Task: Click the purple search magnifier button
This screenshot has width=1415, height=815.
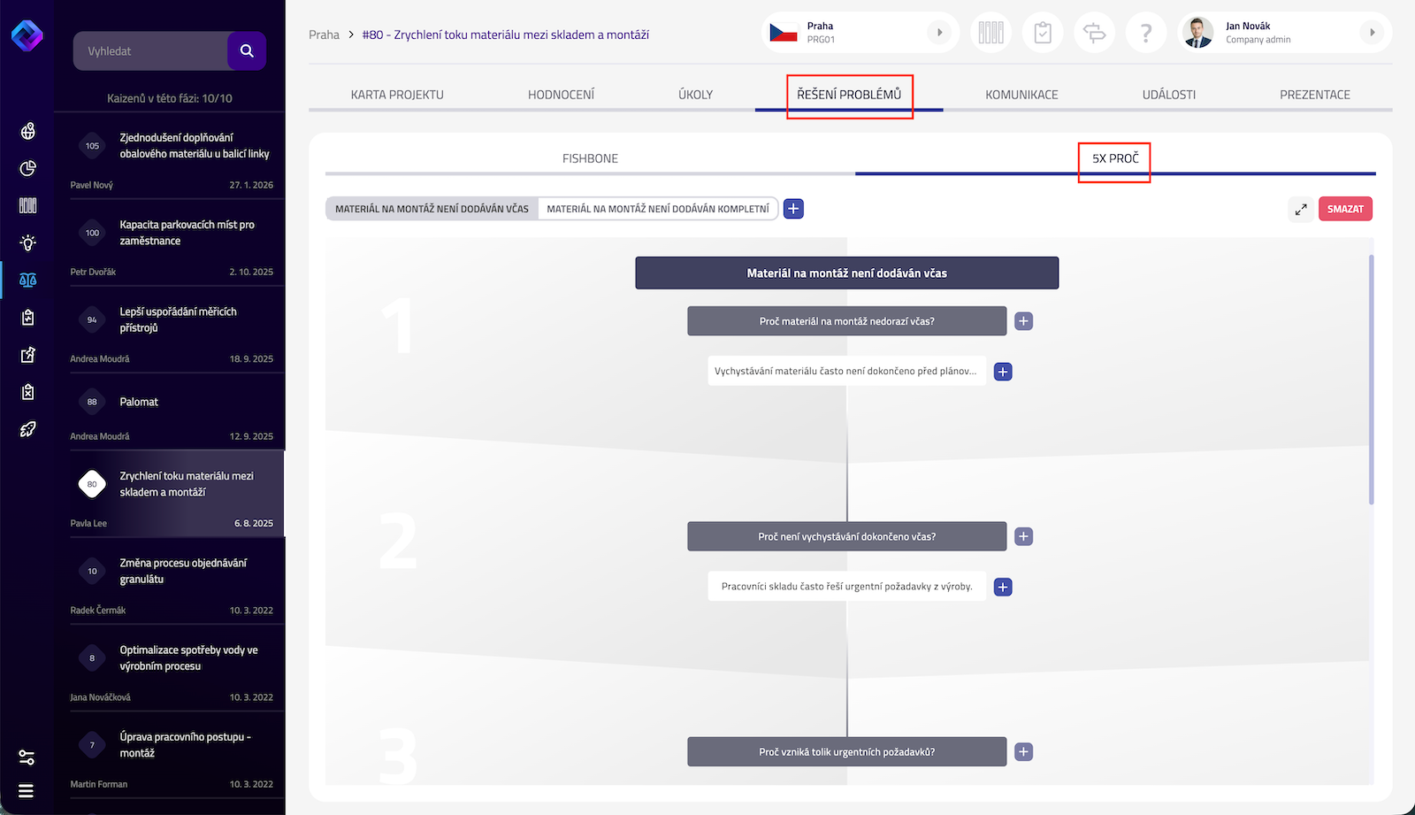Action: click(x=247, y=50)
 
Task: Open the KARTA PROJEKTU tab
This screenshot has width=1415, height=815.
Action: click(x=397, y=94)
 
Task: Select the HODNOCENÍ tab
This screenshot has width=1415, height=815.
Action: click(x=561, y=94)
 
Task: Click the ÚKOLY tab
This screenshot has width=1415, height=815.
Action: click(x=695, y=94)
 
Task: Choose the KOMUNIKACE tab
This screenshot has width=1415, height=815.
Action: click(x=1021, y=94)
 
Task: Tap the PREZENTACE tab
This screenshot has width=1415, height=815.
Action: click(x=1314, y=94)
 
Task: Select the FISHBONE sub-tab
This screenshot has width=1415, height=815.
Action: click(x=590, y=158)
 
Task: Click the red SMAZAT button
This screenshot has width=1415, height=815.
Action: click(x=1345, y=209)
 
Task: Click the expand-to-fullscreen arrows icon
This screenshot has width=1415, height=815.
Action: click(x=1301, y=210)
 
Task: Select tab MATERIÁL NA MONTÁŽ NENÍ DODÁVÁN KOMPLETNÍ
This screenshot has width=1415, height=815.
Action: click(x=658, y=209)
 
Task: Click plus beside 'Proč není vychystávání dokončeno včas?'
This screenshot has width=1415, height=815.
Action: click(x=1023, y=536)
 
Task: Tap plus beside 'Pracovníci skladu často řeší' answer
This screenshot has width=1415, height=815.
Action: click(x=1003, y=587)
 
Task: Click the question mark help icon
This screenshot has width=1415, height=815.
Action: click(x=1146, y=32)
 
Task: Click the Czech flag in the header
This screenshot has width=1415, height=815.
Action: click(x=784, y=32)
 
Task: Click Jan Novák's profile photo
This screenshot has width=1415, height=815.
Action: click(x=1197, y=32)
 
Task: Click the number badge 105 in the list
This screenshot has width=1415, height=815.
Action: click(x=92, y=145)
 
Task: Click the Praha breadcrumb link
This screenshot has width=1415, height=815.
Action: click(x=324, y=35)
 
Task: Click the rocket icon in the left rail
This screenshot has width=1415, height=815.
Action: click(x=27, y=429)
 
